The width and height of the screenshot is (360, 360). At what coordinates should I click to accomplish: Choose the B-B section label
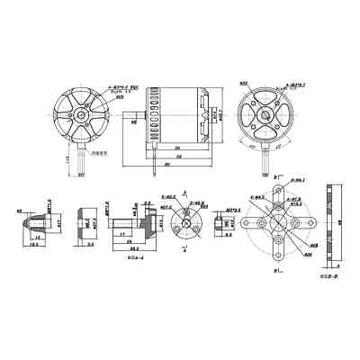328,276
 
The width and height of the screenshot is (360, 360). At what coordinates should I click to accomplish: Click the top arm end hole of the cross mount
279,191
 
